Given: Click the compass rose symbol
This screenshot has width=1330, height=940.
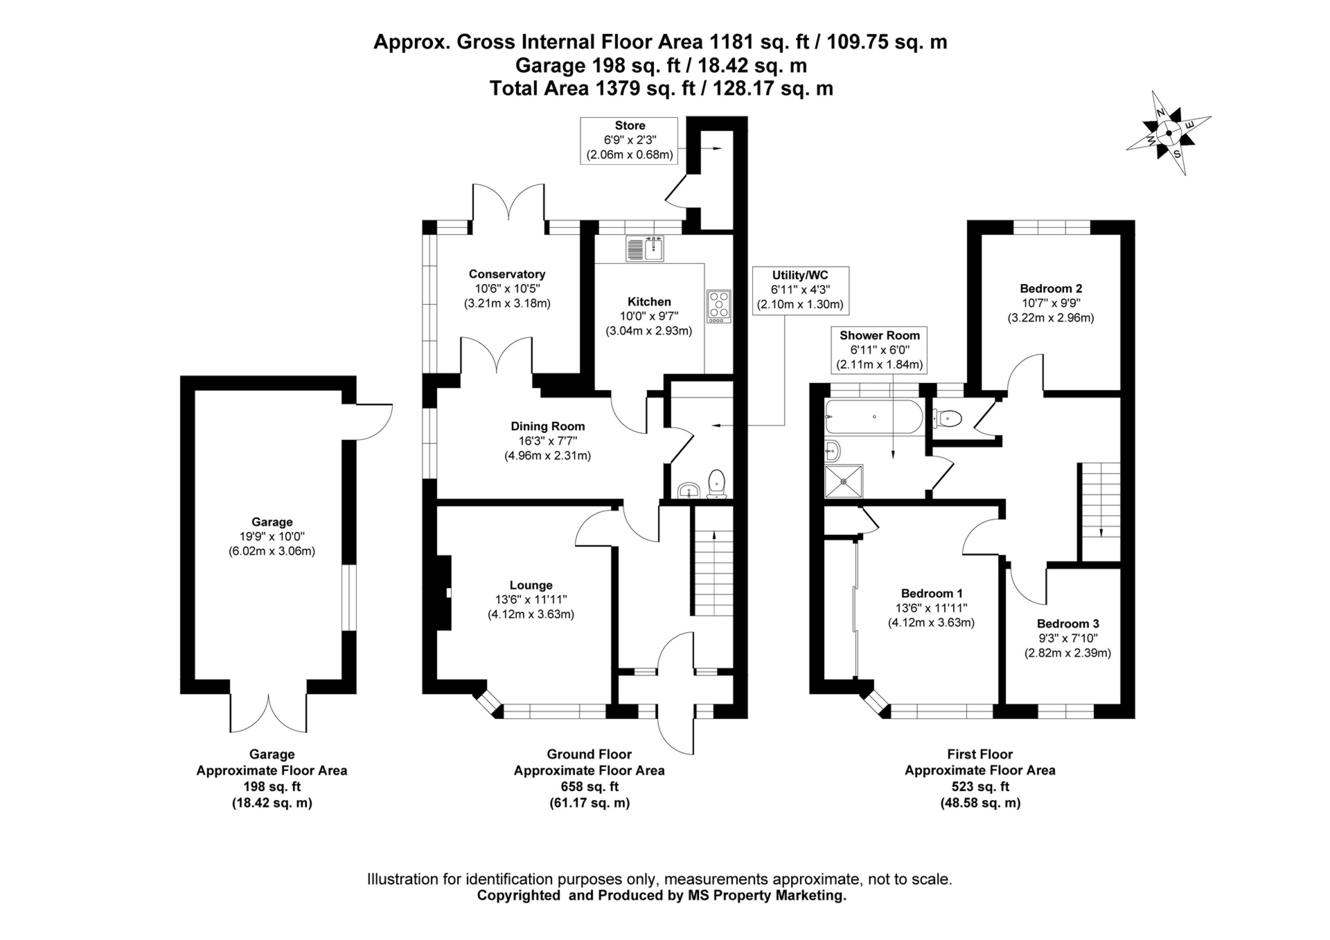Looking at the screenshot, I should click(x=1169, y=133).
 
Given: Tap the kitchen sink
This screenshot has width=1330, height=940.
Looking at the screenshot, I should click(x=645, y=248).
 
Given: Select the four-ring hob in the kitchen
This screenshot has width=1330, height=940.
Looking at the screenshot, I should click(x=719, y=306).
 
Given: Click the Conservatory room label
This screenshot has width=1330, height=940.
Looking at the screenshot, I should click(x=506, y=274).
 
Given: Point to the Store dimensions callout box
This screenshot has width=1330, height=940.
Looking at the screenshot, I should click(x=630, y=141).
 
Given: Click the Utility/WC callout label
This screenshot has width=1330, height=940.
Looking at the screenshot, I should click(x=799, y=275).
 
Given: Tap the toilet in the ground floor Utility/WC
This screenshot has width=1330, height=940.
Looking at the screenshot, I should click(x=716, y=482).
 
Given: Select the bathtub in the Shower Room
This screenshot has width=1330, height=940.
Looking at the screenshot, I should click(x=874, y=418).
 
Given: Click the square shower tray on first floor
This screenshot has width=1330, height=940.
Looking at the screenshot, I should click(x=844, y=481).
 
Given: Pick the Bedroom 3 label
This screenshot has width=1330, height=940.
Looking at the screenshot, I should click(x=1067, y=623).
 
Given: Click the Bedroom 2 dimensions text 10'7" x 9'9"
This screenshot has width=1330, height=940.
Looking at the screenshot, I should click(x=1050, y=303).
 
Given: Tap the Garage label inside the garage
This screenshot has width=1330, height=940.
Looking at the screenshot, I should click(x=272, y=522).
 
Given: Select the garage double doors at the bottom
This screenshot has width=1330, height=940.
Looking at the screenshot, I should click(x=268, y=711).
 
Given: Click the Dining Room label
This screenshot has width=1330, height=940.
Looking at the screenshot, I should click(x=547, y=426).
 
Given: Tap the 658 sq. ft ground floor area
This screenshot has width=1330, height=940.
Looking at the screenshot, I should click(x=589, y=787).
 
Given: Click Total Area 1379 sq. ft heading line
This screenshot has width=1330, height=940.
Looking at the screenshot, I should click(x=661, y=88).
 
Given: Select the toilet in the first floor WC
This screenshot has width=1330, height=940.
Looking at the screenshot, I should click(x=947, y=418).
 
